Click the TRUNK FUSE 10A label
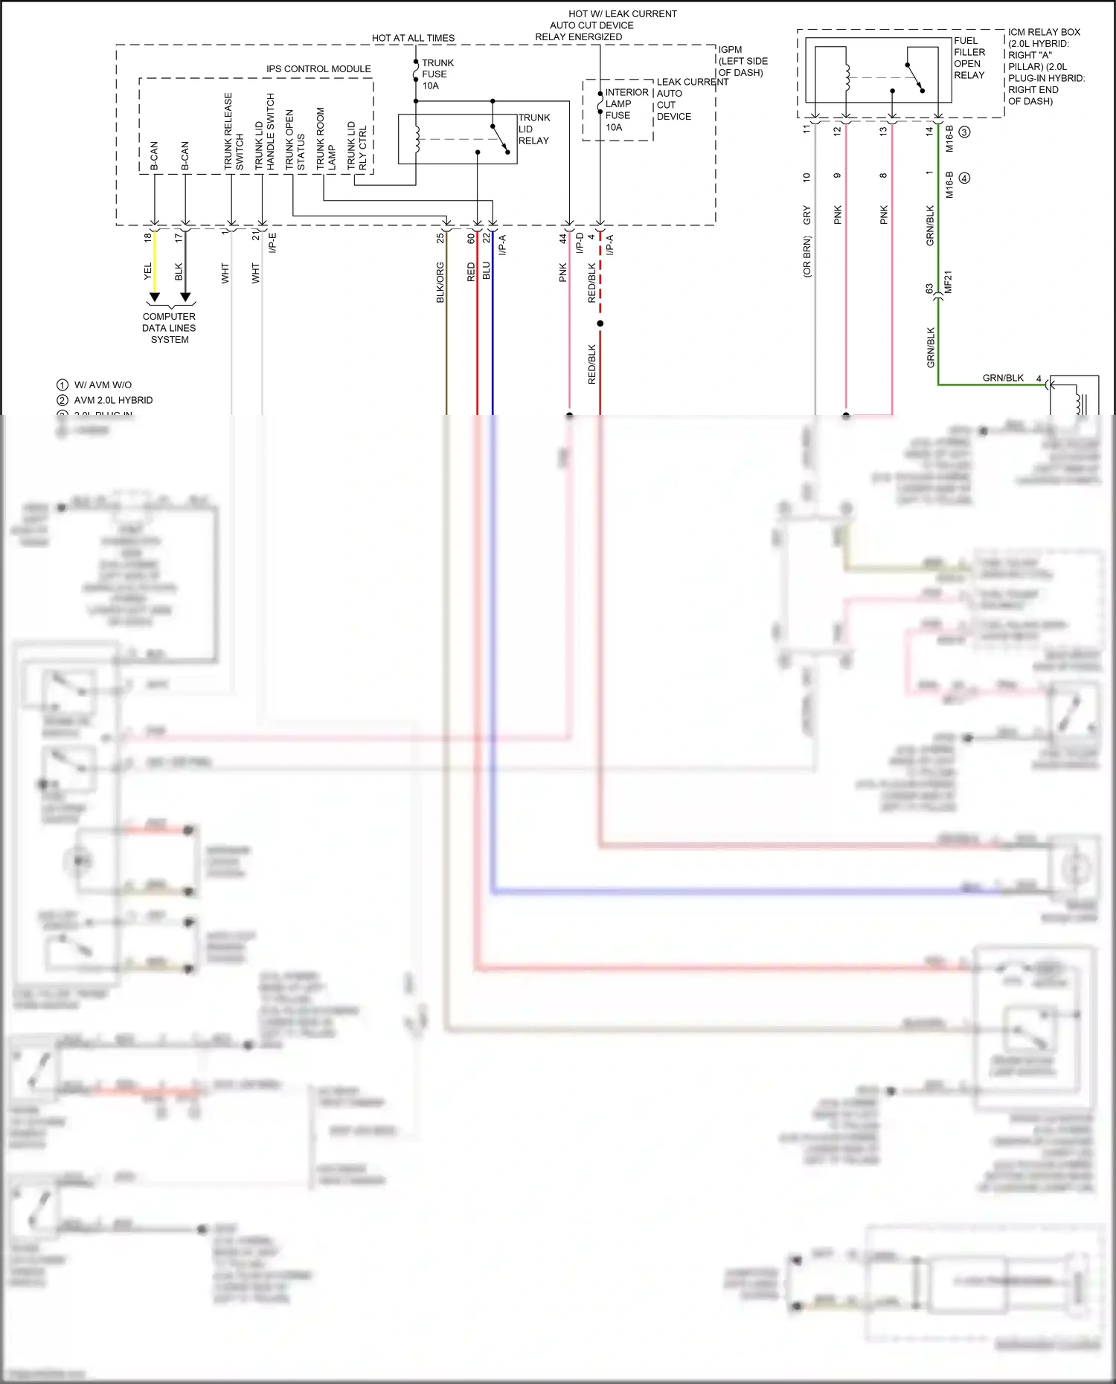[x=437, y=74]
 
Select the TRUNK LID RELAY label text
[x=533, y=129]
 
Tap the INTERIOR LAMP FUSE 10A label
[x=626, y=109]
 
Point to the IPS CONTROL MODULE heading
[x=318, y=69]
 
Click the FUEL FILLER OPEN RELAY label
[x=969, y=58]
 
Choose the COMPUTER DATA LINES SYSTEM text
[x=169, y=328]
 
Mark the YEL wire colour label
[x=147, y=271]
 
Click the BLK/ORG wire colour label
[x=440, y=282]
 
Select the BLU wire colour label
[x=486, y=270]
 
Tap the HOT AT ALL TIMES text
[x=413, y=38]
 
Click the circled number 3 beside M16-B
[x=964, y=132]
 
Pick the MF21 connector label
[x=948, y=282]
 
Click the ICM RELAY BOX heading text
[x=1044, y=32]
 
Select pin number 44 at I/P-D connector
[x=563, y=238]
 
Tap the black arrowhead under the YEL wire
[x=154, y=297]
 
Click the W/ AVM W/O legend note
[x=103, y=385]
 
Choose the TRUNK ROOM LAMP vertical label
[x=325, y=138]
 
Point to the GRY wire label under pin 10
[x=807, y=216]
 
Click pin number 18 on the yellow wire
[x=147, y=237]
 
